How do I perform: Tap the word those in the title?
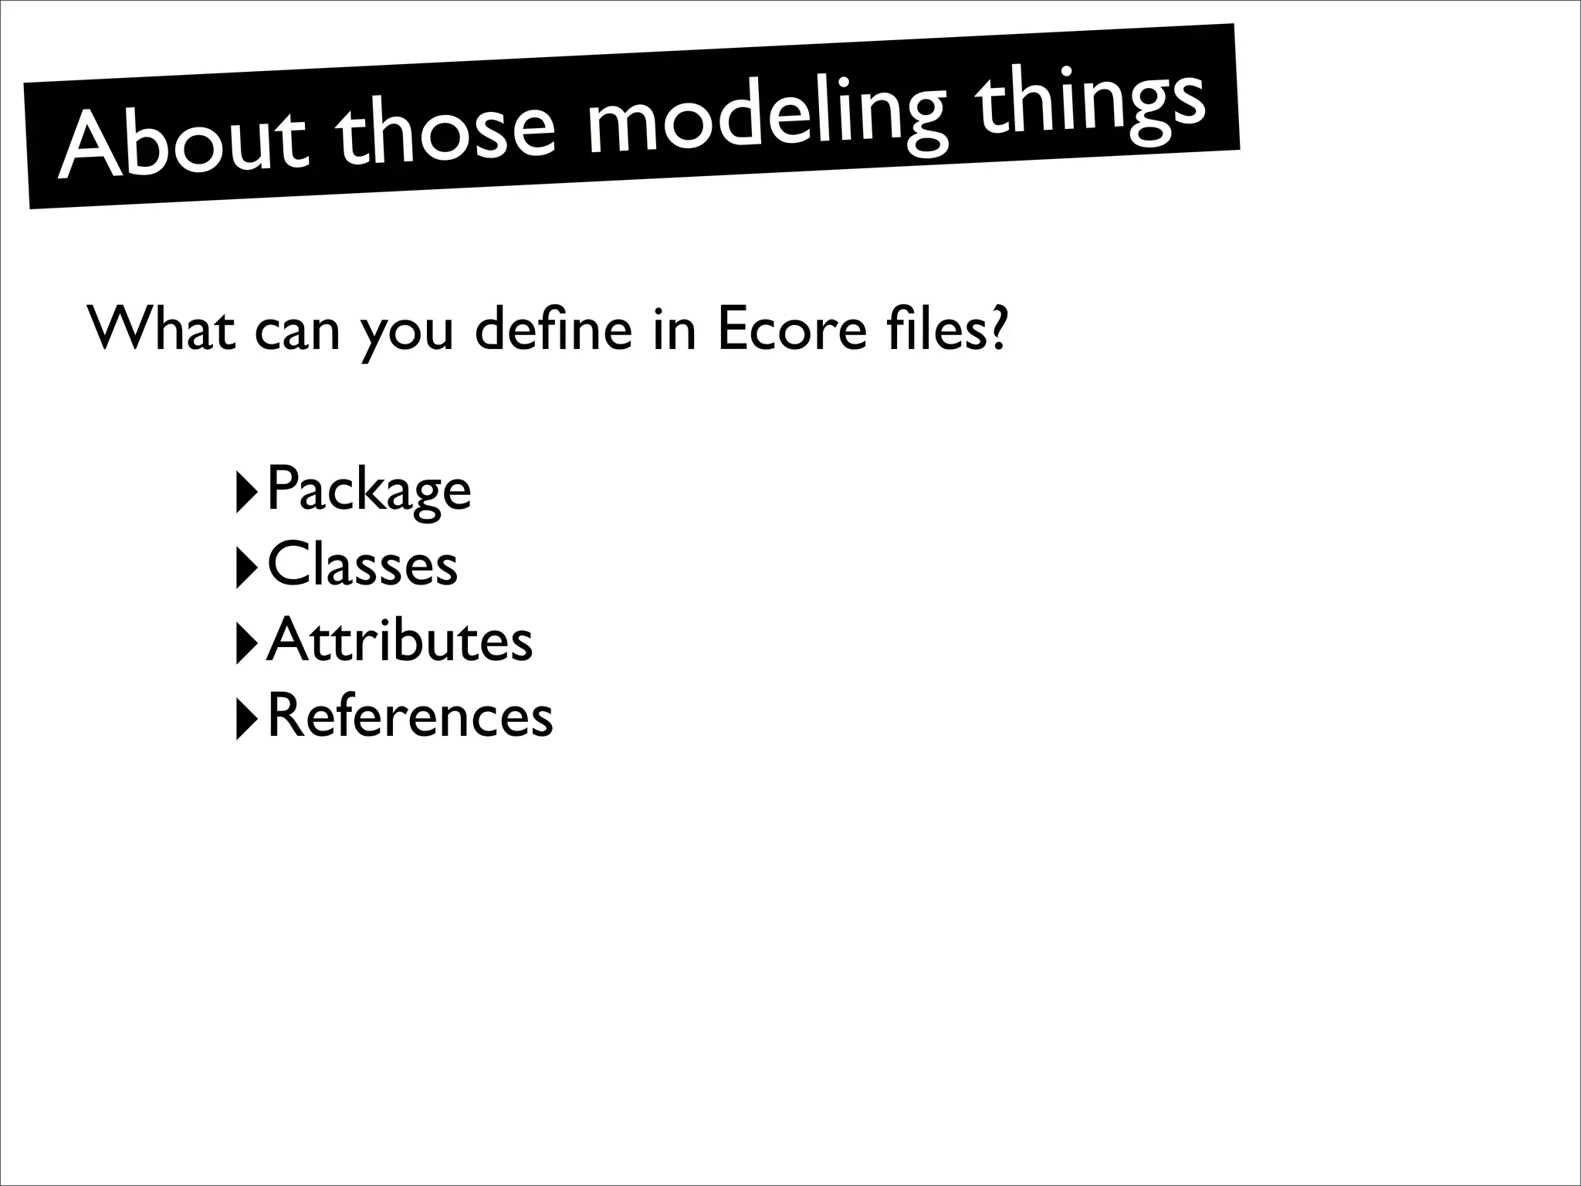pyautogui.click(x=448, y=129)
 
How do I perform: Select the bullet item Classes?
pyautogui.click(x=362, y=564)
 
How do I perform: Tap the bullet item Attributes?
pyautogui.click(x=399, y=640)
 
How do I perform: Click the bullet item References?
pyautogui.click(x=410, y=716)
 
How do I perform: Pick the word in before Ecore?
pyautogui.click(x=674, y=330)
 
